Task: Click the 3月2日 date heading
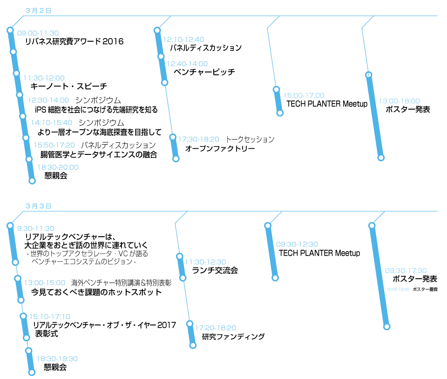pos(38,10)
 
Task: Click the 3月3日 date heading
pos(38,206)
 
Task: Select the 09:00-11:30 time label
pos(38,33)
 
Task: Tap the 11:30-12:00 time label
pos(44,78)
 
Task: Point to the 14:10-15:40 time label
pos(52,123)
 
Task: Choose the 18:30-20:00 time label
pos(58,167)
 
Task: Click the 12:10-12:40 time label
pos(183,40)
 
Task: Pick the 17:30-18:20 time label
pos(198,140)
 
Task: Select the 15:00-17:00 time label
pos(304,96)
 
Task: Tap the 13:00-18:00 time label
pos(399,101)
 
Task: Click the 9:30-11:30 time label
pos(35,229)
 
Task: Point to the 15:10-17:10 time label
pos(50,317)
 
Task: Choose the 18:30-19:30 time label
pos(57,359)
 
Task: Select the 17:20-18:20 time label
pos(215,328)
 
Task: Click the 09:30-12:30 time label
pos(297,245)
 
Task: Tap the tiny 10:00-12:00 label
pos(398,289)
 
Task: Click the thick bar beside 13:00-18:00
pos(375,116)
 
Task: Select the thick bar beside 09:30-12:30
pos(271,252)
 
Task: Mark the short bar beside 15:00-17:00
pos(278,101)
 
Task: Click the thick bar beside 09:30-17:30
pos(379,276)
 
